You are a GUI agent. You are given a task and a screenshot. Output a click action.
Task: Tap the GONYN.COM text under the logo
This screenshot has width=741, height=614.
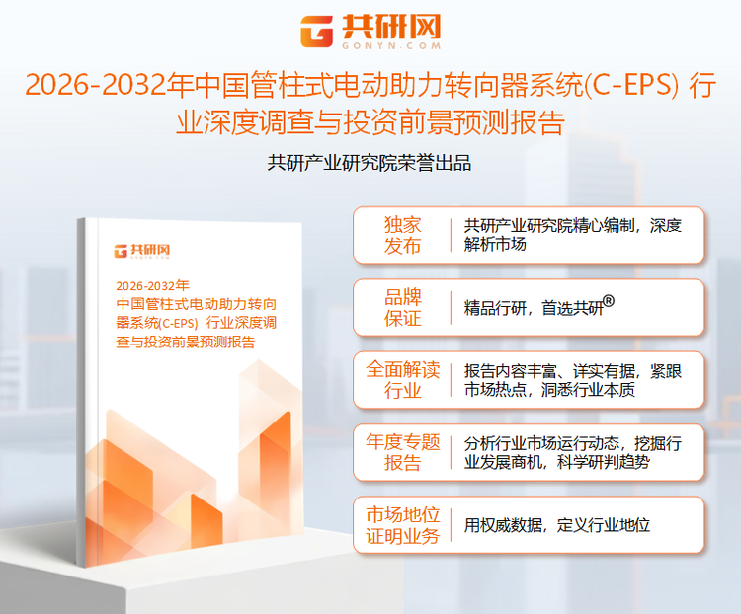389,46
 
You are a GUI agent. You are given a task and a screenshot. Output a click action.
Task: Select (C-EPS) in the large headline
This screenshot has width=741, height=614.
631,87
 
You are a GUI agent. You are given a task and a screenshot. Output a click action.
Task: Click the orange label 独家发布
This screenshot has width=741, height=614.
402,235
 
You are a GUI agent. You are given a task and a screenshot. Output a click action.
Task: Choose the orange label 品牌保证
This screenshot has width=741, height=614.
402,307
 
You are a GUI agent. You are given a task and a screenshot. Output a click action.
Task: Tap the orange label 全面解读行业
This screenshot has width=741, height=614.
402,380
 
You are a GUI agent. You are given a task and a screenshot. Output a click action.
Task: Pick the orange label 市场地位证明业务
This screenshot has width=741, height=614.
402,525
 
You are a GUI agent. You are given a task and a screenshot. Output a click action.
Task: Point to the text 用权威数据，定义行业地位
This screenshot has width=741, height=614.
557,525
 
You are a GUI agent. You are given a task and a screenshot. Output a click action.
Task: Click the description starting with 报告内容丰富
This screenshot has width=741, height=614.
572,380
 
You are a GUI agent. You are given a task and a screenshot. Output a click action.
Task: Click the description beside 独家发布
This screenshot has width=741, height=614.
572,235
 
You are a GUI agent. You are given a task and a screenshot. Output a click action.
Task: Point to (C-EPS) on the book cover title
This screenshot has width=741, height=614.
172,323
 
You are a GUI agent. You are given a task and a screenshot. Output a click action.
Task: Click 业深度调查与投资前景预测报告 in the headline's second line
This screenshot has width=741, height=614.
370,124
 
